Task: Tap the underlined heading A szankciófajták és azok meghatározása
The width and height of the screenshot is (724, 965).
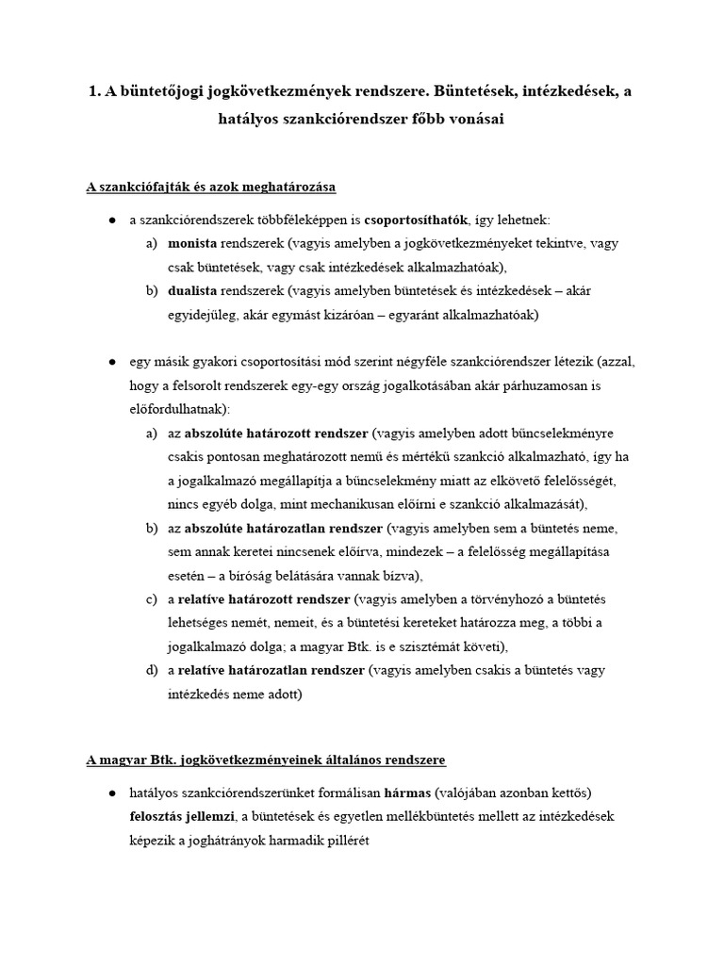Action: [x=210, y=187]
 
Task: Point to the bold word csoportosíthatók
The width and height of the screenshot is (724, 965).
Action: [x=416, y=219]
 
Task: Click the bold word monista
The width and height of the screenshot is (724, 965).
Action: [x=192, y=243]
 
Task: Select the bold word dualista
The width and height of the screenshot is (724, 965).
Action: [x=194, y=290]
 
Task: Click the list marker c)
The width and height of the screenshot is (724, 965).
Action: [x=152, y=599]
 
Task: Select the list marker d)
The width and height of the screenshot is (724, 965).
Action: [x=152, y=670]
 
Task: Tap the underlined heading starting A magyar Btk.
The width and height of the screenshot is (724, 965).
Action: [x=266, y=759]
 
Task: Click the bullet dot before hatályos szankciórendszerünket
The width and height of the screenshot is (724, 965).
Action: [x=111, y=791]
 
